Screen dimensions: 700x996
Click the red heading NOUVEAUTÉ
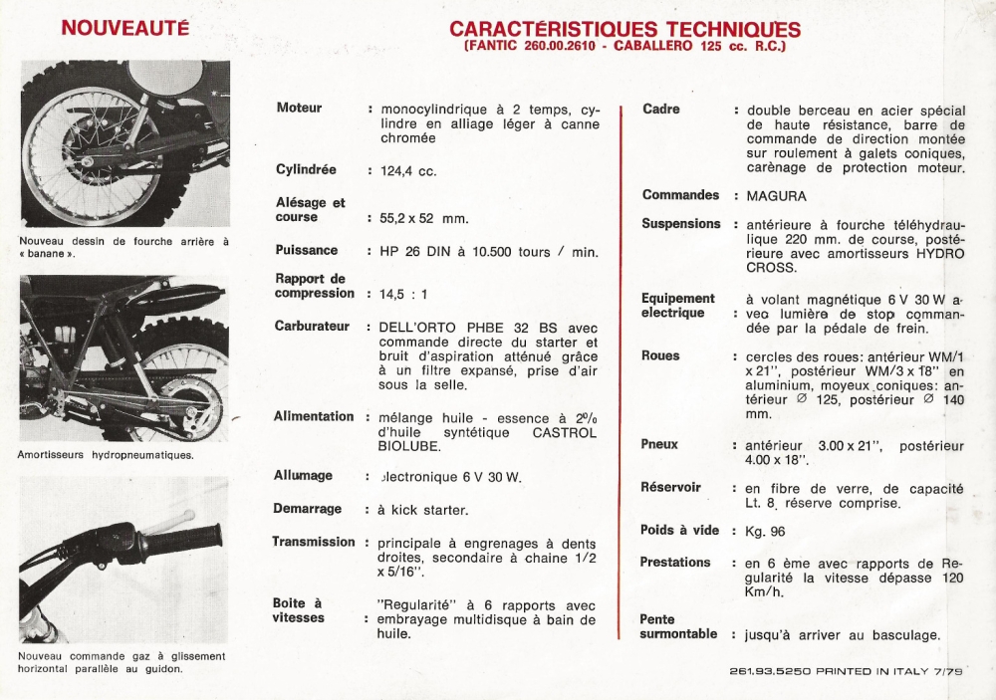[x=125, y=27]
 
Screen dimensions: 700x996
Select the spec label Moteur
[x=299, y=108]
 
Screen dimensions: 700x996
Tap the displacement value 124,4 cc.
[x=408, y=171]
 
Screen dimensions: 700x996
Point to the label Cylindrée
[x=306, y=169]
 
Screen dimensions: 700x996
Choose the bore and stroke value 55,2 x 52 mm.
[x=423, y=218]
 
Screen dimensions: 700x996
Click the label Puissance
[x=307, y=250]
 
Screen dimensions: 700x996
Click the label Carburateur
[x=312, y=326]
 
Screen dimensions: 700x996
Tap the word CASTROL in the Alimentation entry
[x=565, y=432]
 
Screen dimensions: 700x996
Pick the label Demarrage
[x=307, y=509]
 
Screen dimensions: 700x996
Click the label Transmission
[x=314, y=542]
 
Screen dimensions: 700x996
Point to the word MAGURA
[x=777, y=196]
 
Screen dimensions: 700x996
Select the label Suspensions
[x=681, y=223]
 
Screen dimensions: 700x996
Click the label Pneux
[x=659, y=444]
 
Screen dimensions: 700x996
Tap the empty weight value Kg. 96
[x=765, y=532]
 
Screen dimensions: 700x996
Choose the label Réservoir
[x=670, y=487]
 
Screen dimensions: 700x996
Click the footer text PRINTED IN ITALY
[x=876, y=671]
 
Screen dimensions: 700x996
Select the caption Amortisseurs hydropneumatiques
[x=106, y=455]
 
